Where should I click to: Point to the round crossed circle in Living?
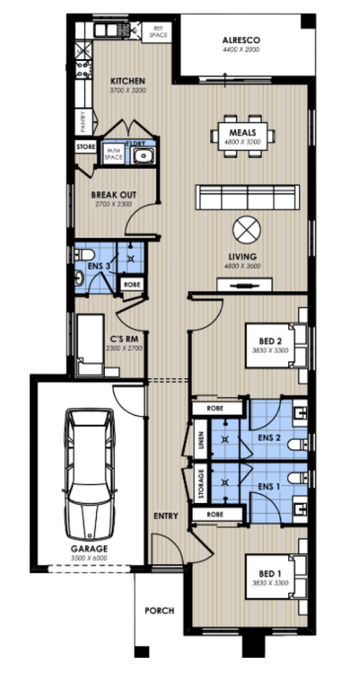coord(247,231)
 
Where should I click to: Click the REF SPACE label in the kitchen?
coord(157,31)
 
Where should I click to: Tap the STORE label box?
coord(86,148)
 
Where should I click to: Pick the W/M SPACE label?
coord(113,154)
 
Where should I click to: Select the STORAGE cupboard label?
coord(201,484)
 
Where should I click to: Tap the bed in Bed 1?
coord(274,577)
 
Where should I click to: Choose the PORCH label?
coord(159,610)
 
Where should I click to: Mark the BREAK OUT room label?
coord(113,195)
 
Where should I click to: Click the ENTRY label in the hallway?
coord(165,516)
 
